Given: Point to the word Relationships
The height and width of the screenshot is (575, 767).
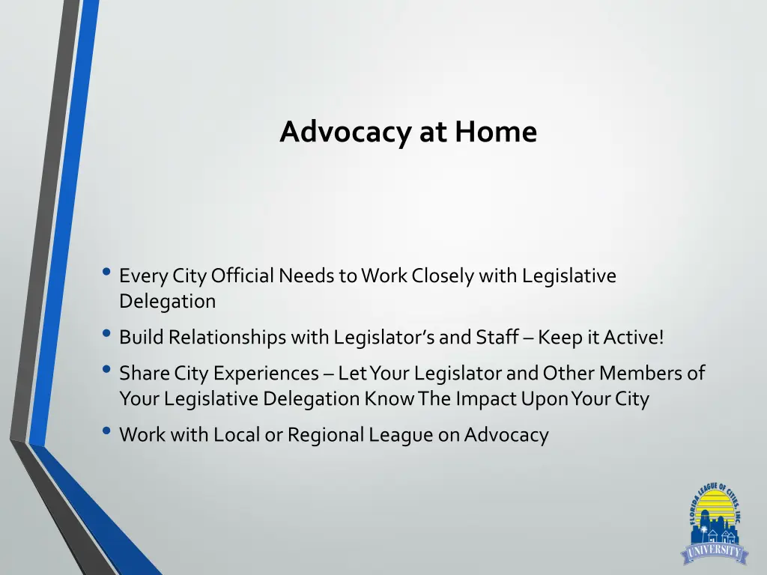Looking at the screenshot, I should tap(228, 338).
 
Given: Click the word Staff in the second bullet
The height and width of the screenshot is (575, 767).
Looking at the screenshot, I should tap(497, 338).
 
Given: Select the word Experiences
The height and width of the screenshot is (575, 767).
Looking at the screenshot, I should tap(267, 373).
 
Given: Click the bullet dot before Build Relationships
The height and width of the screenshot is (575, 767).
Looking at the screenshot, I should tap(106, 335).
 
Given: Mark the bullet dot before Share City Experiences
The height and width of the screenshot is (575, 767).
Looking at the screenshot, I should tap(106, 371).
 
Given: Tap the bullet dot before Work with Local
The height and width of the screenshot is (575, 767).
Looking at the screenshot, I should tap(106, 432).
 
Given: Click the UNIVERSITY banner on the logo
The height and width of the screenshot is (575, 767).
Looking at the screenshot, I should tap(714, 553).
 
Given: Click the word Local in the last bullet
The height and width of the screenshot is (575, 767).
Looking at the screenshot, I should tap(237, 434).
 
